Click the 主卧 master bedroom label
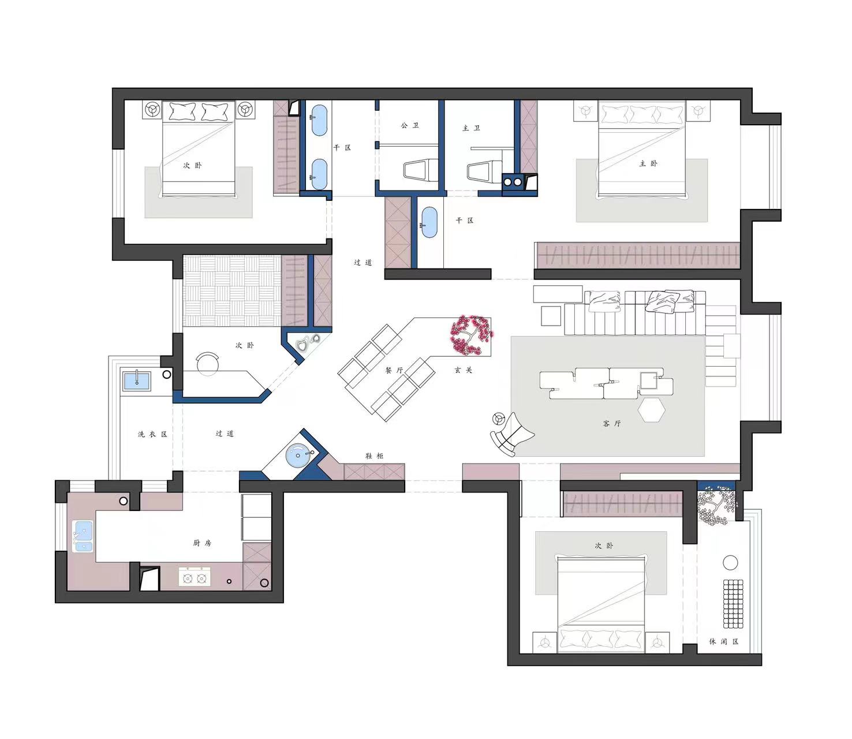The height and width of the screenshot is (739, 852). (648, 164)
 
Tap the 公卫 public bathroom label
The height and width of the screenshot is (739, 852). (410, 125)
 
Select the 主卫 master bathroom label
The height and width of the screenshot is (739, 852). (471, 128)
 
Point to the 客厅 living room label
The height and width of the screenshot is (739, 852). (612, 424)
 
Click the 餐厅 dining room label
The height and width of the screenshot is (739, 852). (394, 370)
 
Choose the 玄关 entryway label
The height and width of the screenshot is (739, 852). (464, 370)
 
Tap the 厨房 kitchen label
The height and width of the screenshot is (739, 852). (203, 543)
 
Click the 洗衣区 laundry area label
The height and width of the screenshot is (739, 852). (152, 434)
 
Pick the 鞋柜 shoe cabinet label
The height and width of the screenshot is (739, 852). (374, 456)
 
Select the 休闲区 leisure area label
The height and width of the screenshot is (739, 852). (724, 641)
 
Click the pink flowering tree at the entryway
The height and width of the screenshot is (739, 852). (471, 335)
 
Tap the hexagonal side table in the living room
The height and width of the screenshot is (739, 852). (652, 410)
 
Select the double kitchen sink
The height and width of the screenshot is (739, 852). (83, 536)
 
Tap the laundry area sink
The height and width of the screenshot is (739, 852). (136, 380)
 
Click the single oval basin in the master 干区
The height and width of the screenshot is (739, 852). (429, 223)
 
